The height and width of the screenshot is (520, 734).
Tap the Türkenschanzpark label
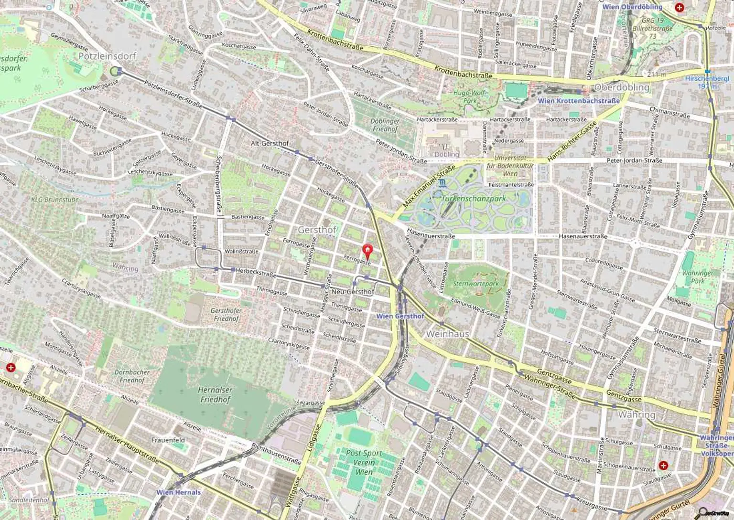tap(474, 198)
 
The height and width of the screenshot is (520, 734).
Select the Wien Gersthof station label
tap(400, 316)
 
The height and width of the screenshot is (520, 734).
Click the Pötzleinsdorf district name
tap(107, 56)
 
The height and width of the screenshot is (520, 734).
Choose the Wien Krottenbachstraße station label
tap(578, 101)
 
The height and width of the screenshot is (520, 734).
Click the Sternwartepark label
tap(475, 283)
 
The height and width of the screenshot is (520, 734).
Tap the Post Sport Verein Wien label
tap(364, 462)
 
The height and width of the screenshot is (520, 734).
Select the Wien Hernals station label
tap(179, 492)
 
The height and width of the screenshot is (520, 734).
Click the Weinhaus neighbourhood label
tap(447, 334)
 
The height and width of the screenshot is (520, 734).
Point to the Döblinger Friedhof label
tap(385, 125)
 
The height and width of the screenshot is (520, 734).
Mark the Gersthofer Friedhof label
tap(226, 314)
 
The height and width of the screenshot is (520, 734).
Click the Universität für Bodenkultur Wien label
tap(510, 166)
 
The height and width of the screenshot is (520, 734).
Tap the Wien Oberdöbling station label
tap(632, 7)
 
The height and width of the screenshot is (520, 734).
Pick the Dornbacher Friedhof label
tap(132, 376)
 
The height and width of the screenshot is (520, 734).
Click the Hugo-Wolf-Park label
tap(470, 97)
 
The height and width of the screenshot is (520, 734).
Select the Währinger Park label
tap(698, 277)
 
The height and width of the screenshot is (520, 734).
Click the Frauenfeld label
tap(168, 440)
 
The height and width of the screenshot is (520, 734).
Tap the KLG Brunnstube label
tap(55, 200)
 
